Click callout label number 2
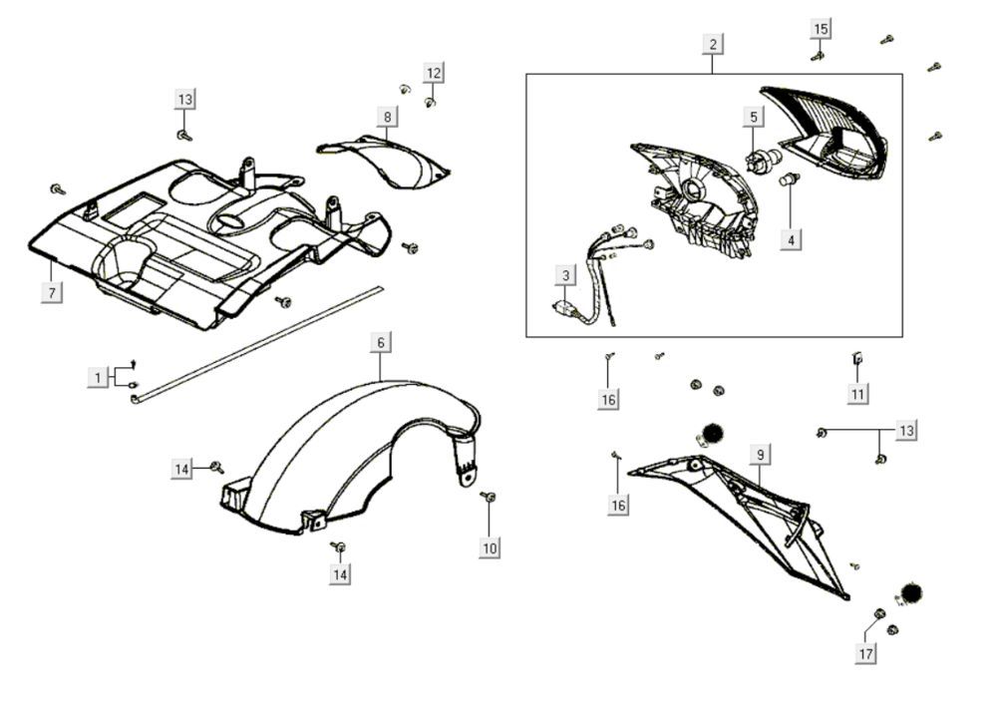click(x=713, y=44)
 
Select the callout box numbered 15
click(x=821, y=28)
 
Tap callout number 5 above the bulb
click(x=754, y=117)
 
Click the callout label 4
click(x=790, y=239)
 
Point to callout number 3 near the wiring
click(x=566, y=275)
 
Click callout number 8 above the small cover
click(x=387, y=117)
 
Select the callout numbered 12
click(x=433, y=73)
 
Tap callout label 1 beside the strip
click(x=98, y=378)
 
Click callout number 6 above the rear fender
click(x=380, y=342)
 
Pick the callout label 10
click(x=489, y=547)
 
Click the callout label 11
click(x=857, y=394)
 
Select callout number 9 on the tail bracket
click(x=760, y=455)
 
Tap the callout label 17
click(x=865, y=654)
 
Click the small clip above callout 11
click(x=857, y=358)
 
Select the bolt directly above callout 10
click(x=489, y=497)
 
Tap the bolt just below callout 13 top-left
click(x=183, y=134)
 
